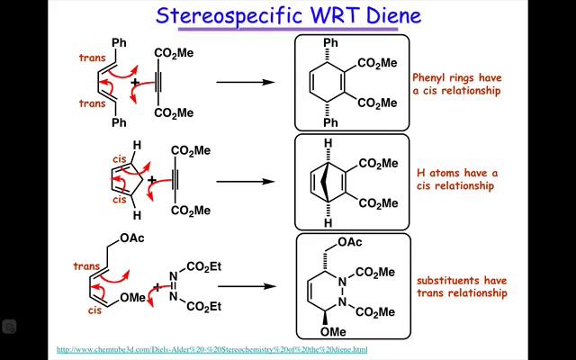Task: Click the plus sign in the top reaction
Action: click(x=137, y=84)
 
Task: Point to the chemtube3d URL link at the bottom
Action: click(x=212, y=349)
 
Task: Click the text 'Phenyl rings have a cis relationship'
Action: click(x=456, y=84)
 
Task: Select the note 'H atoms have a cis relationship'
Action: click(x=456, y=179)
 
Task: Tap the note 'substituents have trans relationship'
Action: click(x=461, y=286)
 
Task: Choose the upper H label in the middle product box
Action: click(x=330, y=142)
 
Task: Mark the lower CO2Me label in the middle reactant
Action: click(x=190, y=211)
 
